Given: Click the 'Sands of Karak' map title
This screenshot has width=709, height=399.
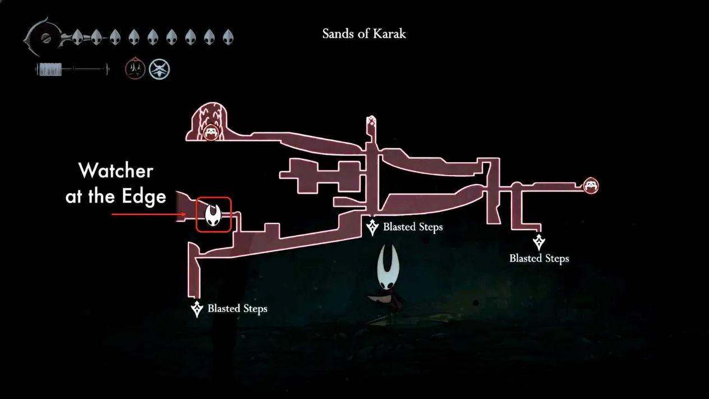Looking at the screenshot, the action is [x=364, y=34].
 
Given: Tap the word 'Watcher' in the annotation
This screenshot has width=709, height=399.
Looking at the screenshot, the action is [x=116, y=171].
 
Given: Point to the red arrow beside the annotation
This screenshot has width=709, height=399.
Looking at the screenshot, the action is [x=149, y=214].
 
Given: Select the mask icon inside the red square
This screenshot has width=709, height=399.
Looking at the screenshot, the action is [x=213, y=215].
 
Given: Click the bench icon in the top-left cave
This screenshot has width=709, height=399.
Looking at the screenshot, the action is [x=211, y=132].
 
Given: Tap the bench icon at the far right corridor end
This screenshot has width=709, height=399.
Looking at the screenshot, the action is [x=591, y=186].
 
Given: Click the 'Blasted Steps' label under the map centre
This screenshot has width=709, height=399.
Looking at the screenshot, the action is [x=413, y=227].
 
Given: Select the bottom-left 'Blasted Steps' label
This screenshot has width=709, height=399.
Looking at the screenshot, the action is [x=237, y=309].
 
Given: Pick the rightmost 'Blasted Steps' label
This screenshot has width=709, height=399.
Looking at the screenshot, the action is [x=539, y=258].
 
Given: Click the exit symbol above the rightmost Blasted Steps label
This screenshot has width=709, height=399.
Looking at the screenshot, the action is [x=538, y=242].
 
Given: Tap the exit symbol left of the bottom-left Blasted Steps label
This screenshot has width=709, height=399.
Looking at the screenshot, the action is [x=197, y=309].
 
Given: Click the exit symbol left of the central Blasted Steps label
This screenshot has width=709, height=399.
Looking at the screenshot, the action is [x=372, y=227].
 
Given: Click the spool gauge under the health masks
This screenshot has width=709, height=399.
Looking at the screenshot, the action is [x=72, y=69].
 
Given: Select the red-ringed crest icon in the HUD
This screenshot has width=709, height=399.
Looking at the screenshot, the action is [x=135, y=68].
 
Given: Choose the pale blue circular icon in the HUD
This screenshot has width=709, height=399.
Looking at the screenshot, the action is [x=159, y=69].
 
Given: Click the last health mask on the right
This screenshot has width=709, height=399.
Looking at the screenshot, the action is [x=228, y=38].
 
